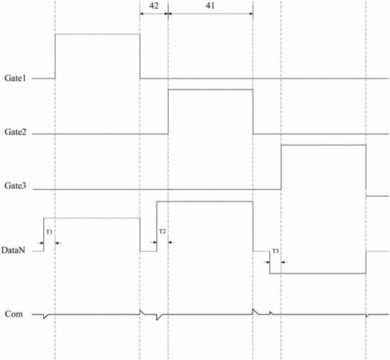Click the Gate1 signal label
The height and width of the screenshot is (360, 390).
click(15, 78)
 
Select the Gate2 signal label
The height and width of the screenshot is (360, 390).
click(15, 132)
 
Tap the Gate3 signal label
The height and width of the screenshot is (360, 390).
click(15, 186)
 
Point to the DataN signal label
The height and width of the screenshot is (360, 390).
click(13, 250)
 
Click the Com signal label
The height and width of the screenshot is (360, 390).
click(14, 314)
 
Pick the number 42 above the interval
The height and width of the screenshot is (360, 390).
click(153, 6)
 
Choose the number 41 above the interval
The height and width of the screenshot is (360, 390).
click(210, 6)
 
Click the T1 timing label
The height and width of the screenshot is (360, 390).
click(50, 232)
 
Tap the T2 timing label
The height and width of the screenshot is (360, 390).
click(162, 231)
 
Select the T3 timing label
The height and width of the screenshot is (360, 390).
click(275, 251)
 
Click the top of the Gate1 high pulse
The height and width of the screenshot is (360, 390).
click(97, 34)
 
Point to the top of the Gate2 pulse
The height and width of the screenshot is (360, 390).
click(210, 90)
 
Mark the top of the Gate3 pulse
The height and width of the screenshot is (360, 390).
click(324, 145)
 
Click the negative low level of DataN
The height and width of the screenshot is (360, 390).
click(318, 274)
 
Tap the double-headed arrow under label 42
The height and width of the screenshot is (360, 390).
click(154, 14)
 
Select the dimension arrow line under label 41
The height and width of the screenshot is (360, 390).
click(210, 14)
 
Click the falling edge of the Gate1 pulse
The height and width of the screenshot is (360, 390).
click(140, 56)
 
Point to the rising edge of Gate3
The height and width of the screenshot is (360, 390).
click(281, 167)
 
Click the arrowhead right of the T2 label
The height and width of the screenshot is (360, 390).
click(171, 242)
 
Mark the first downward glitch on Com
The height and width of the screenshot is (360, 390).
click(45, 317)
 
